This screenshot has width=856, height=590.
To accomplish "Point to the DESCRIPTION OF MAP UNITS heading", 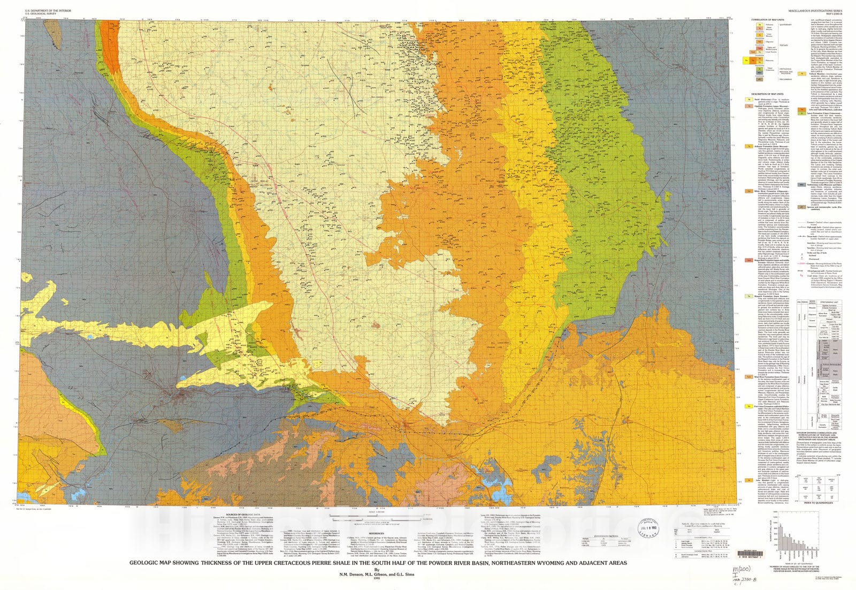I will coord(768,93).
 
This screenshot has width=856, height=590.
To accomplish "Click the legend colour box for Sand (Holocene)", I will coord(750,100).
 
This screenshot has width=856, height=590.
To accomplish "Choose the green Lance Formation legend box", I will coord(802,114).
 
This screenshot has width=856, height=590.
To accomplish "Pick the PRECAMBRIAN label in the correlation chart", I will coord(785,79).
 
